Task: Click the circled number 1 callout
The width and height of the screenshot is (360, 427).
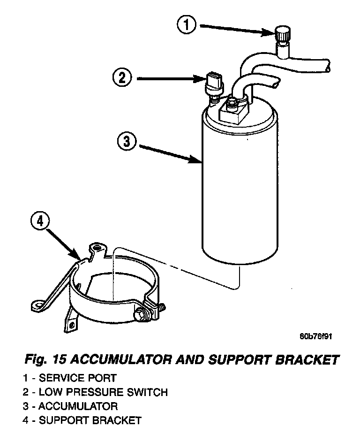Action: (187, 25)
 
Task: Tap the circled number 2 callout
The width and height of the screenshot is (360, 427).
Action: (122, 77)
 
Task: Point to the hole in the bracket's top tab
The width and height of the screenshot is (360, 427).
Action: (97, 246)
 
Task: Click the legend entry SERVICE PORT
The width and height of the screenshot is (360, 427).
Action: (77, 378)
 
